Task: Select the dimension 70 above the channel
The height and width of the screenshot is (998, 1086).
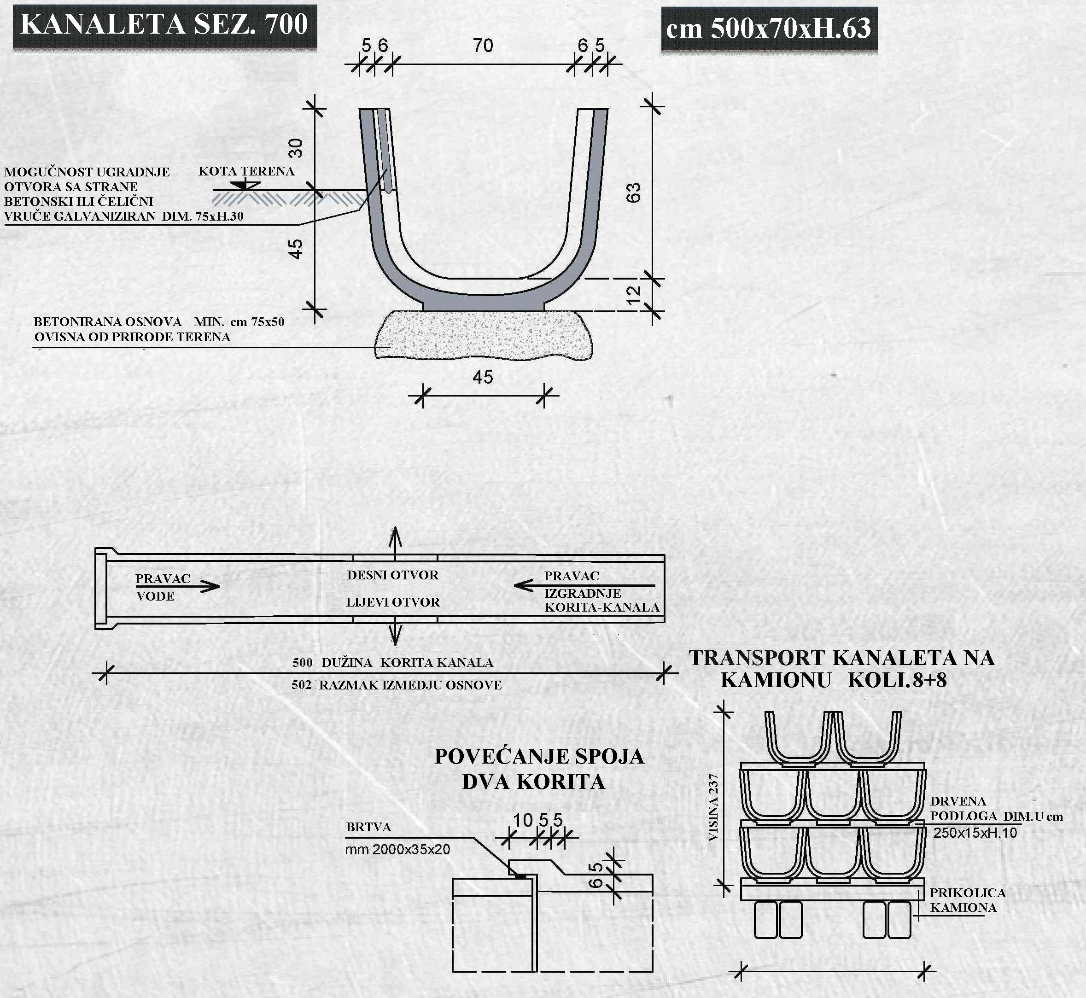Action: (x=483, y=45)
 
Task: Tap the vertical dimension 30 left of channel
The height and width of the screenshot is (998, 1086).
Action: (x=295, y=147)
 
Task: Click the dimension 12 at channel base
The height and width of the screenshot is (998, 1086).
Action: (x=633, y=294)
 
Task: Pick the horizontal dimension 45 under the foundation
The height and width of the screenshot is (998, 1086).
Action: (x=483, y=377)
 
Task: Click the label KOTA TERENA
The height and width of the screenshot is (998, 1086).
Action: (x=246, y=171)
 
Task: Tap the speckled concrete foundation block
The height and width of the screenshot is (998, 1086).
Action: (x=483, y=335)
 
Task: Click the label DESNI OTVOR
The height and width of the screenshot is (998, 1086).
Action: (x=392, y=575)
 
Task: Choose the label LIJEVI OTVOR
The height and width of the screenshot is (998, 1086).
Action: (x=392, y=602)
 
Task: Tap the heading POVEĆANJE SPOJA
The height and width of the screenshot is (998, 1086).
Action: (x=539, y=757)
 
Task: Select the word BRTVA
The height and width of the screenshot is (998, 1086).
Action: (x=369, y=827)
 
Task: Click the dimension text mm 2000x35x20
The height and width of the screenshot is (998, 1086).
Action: (x=397, y=850)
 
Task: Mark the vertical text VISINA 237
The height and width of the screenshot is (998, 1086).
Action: (x=713, y=807)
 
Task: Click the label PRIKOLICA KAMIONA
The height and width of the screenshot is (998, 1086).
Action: (x=967, y=900)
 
